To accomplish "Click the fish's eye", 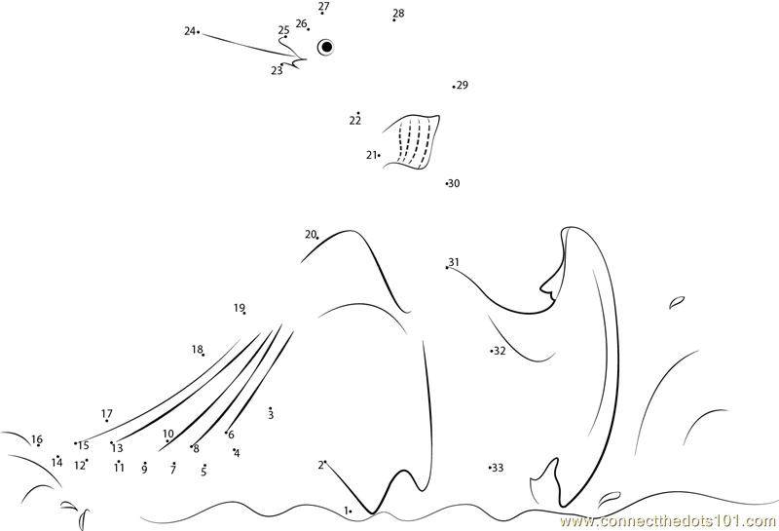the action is click(x=326, y=47).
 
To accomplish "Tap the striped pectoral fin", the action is click(x=412, y=141).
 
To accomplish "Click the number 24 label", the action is click(x=189, y=31).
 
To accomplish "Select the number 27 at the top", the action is click(x=324, y=6).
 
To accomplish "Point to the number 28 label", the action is click(x=398, y=13).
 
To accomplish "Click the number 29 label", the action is click(x=463, y=85).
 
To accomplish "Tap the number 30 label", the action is click(x=454, y=183).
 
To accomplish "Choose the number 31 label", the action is click(x=454, y=261).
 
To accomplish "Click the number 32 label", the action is click(x=500, y=351).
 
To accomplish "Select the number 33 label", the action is click(x=498, y=468).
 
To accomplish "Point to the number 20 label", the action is click(x=311, y=234).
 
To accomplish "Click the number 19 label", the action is click(x=239, y=308).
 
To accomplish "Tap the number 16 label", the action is click(x=37, y=439).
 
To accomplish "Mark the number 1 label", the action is click(x=346, y=511).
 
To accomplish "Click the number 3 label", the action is click(x=271, y=415).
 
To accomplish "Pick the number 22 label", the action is click(x=354, y=120).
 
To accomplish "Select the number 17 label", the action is click(x=107, y=413).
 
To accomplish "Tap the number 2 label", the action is click(x=321, y=466).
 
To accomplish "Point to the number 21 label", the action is click(x=371, y=155).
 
